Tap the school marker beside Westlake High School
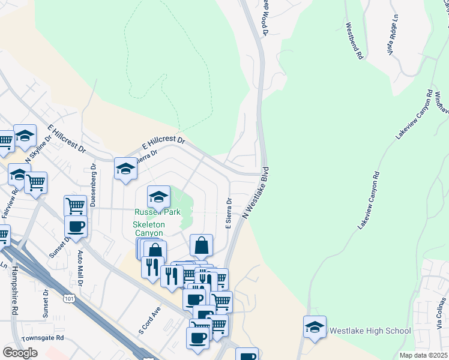[x=315, y=327]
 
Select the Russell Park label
[x=157, y=212]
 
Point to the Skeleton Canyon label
[x=148, y=229]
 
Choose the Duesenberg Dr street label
[x=93, y=186]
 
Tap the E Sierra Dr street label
[x=228, y=214]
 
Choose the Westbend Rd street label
[x=354, y=41]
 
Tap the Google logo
[x=20, y=352]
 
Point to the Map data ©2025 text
[x=424, y=355]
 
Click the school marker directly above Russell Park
[x=158, y=196]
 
